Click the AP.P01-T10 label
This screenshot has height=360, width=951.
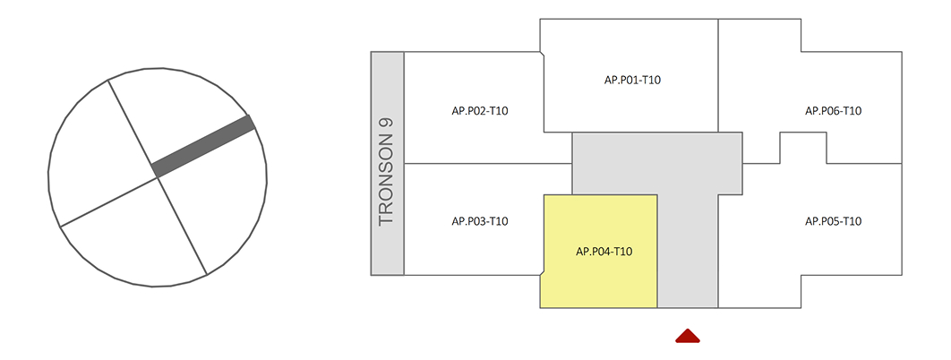coord(632,81)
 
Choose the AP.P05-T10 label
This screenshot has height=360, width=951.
coord(833,221)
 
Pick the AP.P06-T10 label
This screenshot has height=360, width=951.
coord(833,111)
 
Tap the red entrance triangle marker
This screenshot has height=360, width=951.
coord(687,336)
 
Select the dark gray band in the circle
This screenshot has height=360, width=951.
coord(204,145)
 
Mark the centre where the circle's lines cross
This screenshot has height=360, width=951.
coord(158,177)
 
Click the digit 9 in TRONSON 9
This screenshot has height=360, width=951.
coord(387,124)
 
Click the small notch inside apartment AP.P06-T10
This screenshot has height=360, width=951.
coord(802,148)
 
